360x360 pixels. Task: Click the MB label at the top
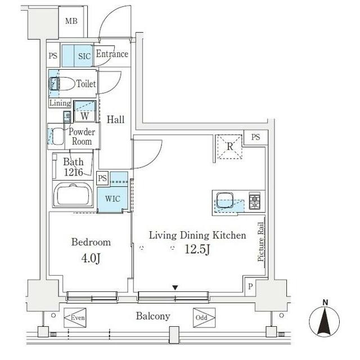tap(71, 21)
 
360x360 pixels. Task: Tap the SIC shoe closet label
tap(84, 56)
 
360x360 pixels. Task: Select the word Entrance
tap(112, 54)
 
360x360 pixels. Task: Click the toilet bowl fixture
tap(62, 84)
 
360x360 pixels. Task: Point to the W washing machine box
tap(84, 111)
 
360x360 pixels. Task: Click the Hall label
tap(115, 120)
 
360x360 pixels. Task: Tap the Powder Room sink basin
tap(58, 137)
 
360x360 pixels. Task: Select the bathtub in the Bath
tap(73, 195)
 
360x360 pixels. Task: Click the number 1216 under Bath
tap(73, 172)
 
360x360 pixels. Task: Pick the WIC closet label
tap(112, 199)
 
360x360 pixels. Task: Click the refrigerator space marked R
tap(229, 147)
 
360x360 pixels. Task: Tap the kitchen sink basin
tap(225, 200)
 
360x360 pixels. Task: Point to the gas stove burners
tap(255, 201)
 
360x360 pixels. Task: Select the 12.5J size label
tap(197, 250)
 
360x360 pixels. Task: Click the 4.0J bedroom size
tap(91, 258)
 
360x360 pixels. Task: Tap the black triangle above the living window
tap(175, 287)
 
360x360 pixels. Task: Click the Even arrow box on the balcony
tap(75, 318)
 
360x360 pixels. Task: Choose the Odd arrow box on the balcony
tap(204, 318)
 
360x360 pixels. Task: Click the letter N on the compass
tap(325, 303)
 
